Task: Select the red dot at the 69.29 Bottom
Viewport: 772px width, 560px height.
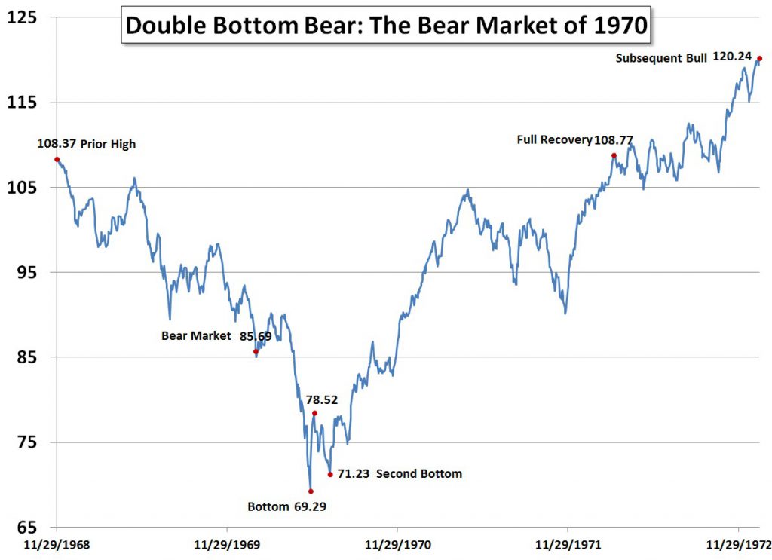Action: [311, 491]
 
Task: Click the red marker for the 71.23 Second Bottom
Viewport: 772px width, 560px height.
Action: [330, 474]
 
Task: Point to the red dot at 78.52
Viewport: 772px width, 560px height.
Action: [314, 413]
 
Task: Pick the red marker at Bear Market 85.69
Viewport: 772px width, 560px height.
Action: [256, 351]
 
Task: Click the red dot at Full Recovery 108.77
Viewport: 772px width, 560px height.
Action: [614, 155]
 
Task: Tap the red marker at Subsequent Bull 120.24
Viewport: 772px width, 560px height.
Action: [759, 58]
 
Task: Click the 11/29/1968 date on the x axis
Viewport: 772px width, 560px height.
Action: [57, 544]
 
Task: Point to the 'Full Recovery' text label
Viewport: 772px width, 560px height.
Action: [554, 139]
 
